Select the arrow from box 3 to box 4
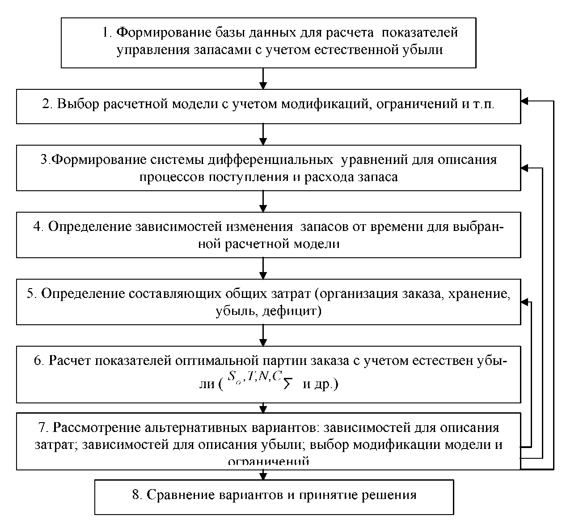pyautogui.click(x=263, y=201)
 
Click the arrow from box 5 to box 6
pyautogui.click(x=263, y=335)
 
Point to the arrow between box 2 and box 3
pyautogui.click(x=263, y=134)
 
